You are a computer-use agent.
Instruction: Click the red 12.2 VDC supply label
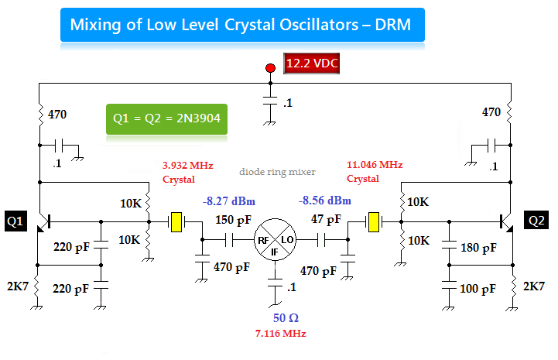click(312, 63)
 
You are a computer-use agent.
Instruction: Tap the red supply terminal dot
click(270, 69)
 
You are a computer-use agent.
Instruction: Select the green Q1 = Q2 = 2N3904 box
click(166, 119)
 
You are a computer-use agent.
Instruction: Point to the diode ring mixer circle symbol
click(276, 242)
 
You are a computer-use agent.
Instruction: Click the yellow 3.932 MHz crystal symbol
click(176, 222)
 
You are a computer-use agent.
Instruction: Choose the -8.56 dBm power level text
click(324, 201)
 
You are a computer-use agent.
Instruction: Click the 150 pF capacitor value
click(233, 221)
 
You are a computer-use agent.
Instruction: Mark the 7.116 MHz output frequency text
click(280, 333)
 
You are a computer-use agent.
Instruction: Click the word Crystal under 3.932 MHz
click(179, 179)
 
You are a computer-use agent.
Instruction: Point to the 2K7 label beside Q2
click(533, 286)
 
